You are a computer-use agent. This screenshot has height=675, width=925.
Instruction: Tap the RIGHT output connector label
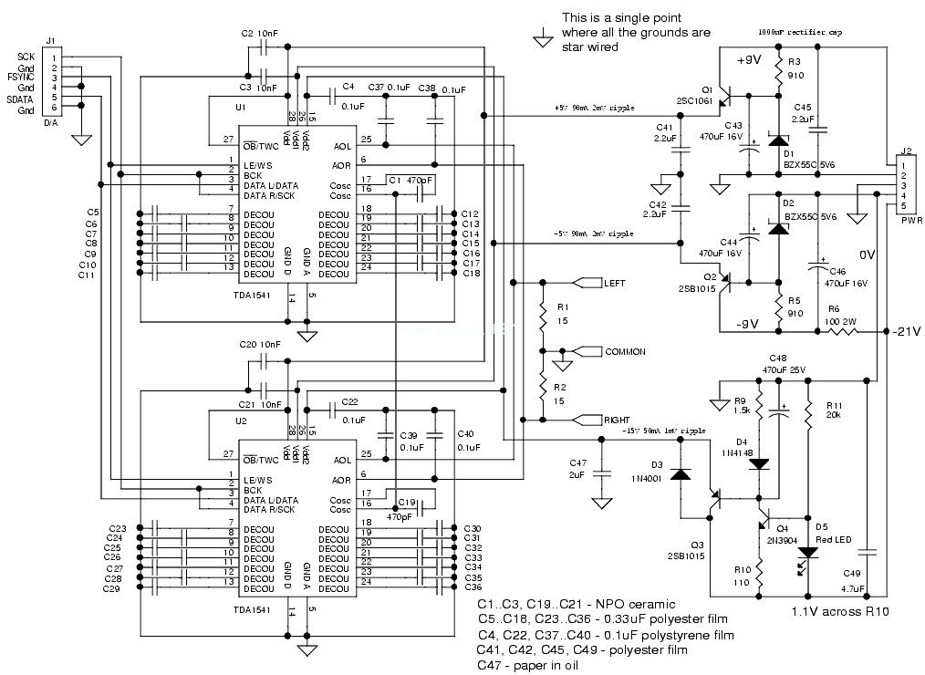[617, 420]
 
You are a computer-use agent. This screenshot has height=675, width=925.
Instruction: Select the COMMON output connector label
[625, 351]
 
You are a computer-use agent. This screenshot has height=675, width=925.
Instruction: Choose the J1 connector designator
[50, 40]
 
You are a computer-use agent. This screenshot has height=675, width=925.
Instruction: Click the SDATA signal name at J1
[20, 99]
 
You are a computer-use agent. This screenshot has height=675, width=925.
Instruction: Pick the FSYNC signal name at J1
[20, 78]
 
